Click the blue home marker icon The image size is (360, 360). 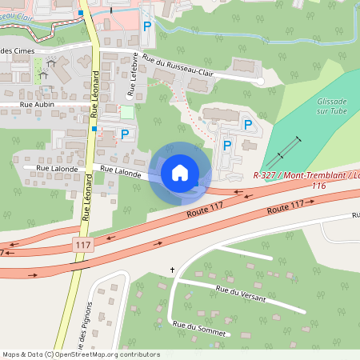(x=180, y=173)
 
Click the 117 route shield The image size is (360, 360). (x=81, y=242)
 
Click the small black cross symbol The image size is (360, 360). (x=172, y=270)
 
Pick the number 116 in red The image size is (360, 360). (x=319, y=186)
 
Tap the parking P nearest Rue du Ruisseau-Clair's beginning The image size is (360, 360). (x=146, y=26)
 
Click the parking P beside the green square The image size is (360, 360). (x=124, y=134)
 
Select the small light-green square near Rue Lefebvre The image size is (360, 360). (x=127, y=112)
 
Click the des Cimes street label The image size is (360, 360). (x=14, y=51)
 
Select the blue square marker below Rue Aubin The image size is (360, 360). (x=94, y=128)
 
